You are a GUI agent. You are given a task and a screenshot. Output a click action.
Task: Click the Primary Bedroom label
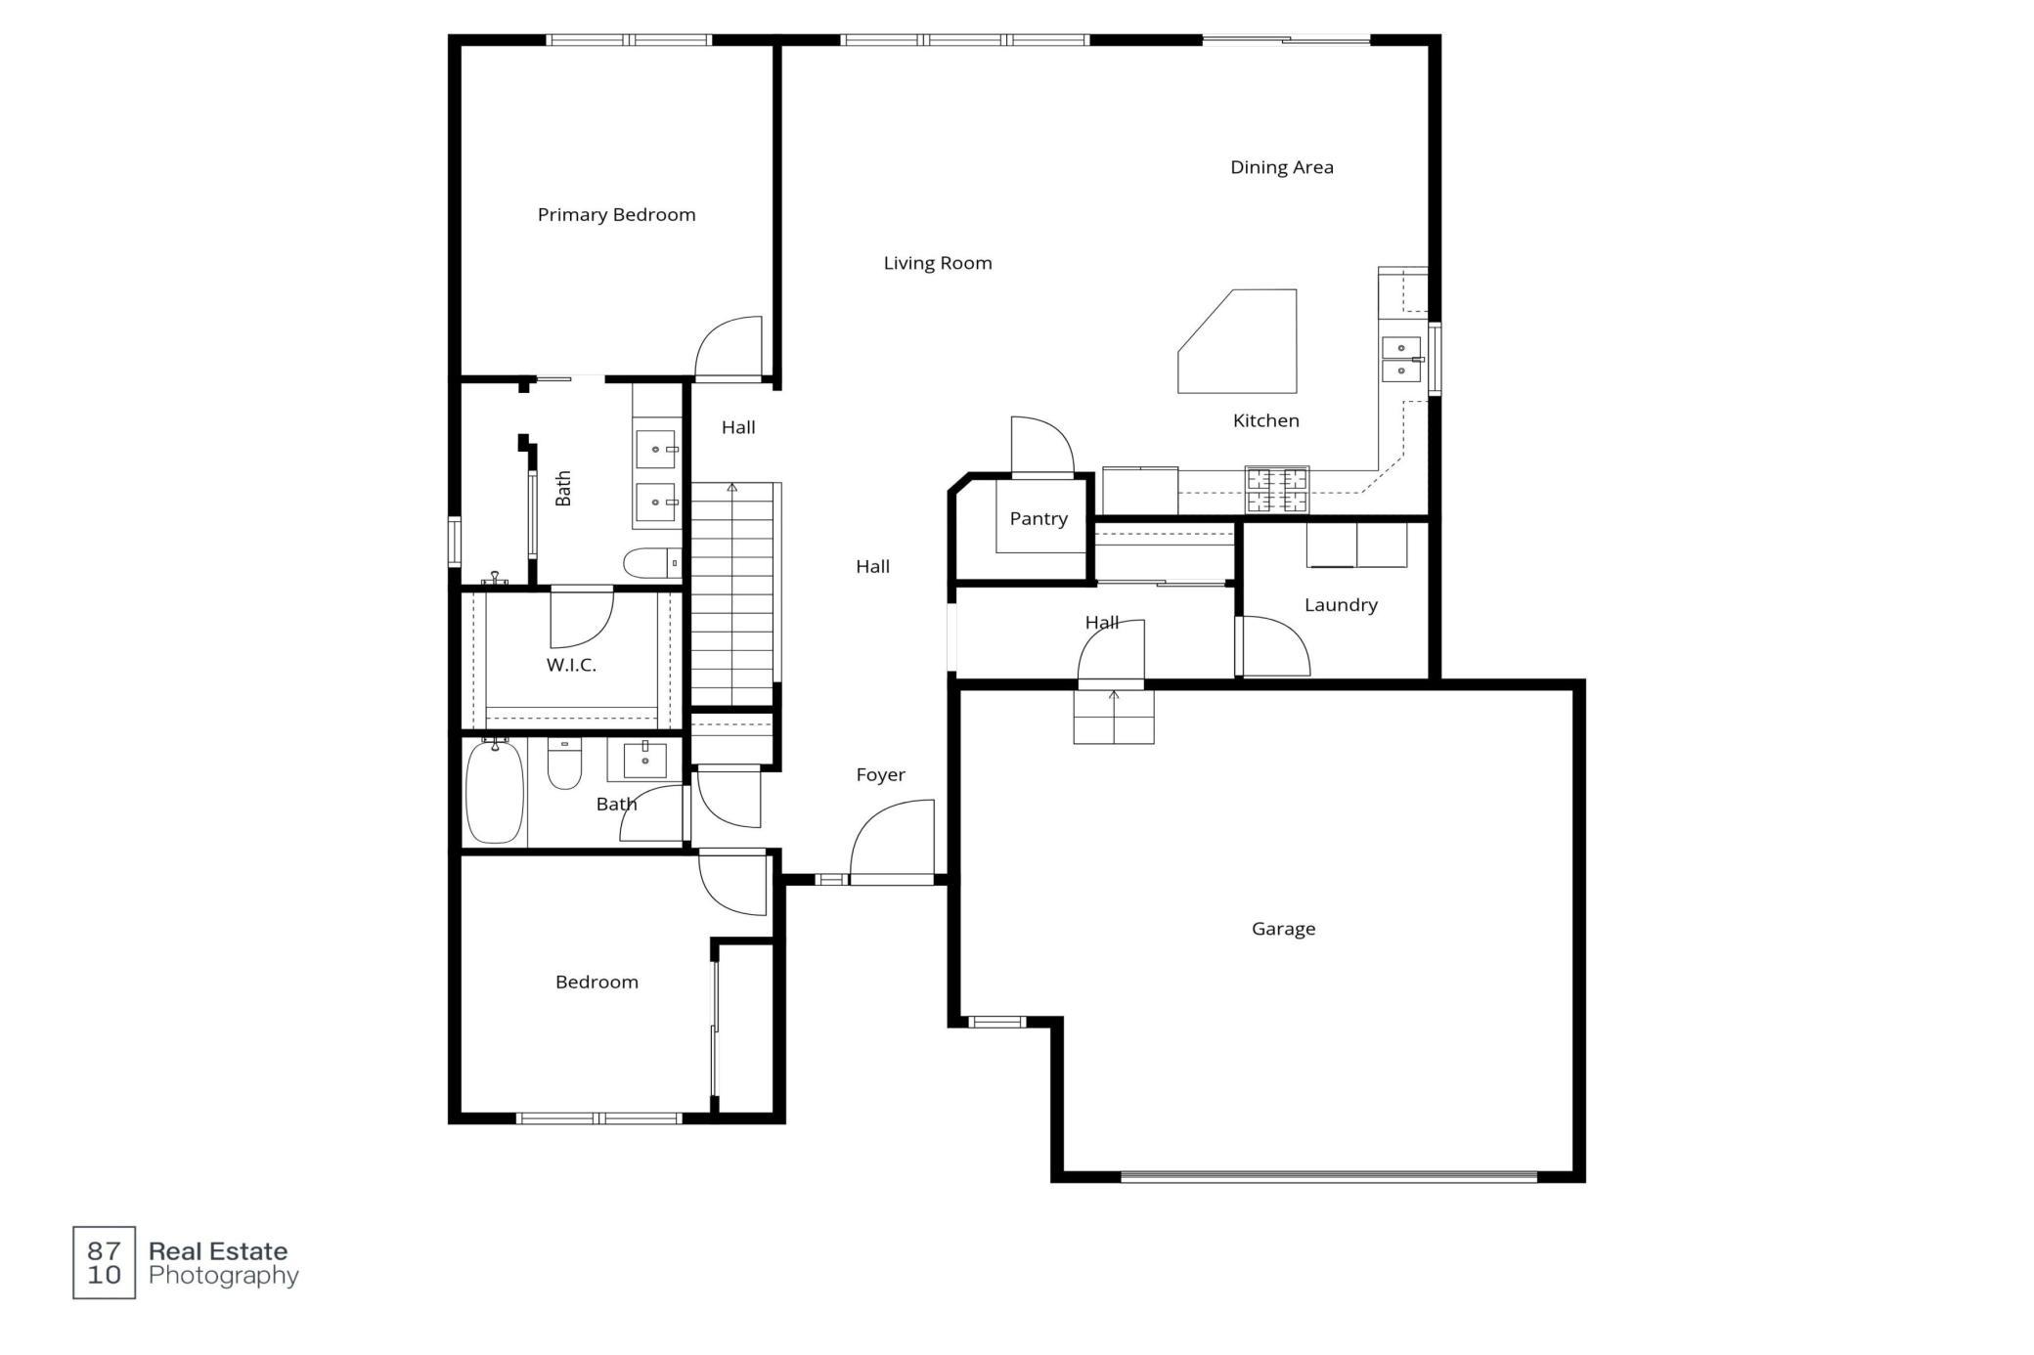pyautogui.click(x=616, y=215)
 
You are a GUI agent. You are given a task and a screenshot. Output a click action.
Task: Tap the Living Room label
pyautogui.click(x=938, y=263)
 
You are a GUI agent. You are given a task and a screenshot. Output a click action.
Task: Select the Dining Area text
pyautogui.click(x=1281, y=167)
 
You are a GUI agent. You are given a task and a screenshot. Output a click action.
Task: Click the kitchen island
pyautogui.click(x=1237, y=341)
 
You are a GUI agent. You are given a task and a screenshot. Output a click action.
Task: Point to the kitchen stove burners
pyautogui.click(x=1276, y=490)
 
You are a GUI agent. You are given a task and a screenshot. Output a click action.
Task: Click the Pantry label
pyautogui.click(x=1039, y=518)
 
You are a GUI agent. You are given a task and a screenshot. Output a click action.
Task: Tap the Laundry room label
pyautogui.click(x=1341, y=605)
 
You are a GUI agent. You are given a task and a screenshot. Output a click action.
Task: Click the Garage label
pyautogui.click(x=1283, y=929)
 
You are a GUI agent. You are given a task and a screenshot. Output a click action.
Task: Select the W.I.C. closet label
pyautogui.click(x=571, y=665)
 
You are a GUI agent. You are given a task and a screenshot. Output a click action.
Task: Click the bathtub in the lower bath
pyautogui.click(x=495, y=791)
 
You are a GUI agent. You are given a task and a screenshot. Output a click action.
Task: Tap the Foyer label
pyautogui.click(x=880, y=775)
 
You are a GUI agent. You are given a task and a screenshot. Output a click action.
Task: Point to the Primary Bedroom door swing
pyautogui.click(x=729, y=347)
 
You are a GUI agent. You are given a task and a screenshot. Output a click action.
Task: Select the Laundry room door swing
pyautogui.click(x=1272, y=645)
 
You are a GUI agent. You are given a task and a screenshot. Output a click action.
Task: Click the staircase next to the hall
pyautogui.click(x=732, y=593)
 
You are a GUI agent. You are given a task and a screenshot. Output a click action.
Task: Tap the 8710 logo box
pyautogui.click(x=104, y=1262)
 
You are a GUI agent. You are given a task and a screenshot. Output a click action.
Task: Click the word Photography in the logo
pyautogui.click(x=224, y=1276)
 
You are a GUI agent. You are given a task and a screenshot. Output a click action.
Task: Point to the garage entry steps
pyautogui.click(x=1114, y=717)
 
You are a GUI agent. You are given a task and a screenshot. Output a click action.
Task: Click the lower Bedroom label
pyautogui.click(x=597, y=983)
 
